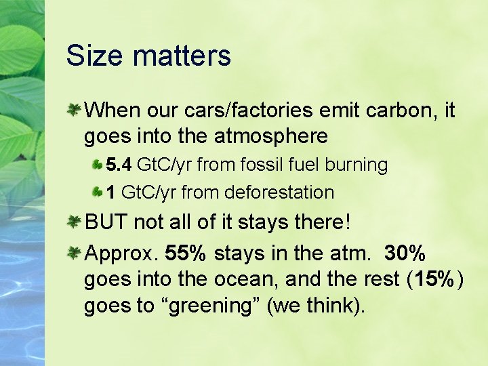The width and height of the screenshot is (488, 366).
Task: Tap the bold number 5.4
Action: (119, 165)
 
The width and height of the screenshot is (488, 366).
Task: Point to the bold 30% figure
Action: (405, 253)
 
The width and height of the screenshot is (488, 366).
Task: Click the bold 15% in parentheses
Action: (434, 279)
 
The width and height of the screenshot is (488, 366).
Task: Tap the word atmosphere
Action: (271, 136)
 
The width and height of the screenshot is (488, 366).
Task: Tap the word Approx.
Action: (121, 253)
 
